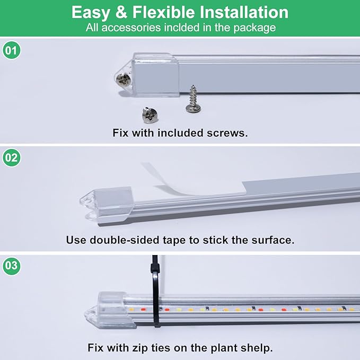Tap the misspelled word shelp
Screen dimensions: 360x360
pos(256,348)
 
